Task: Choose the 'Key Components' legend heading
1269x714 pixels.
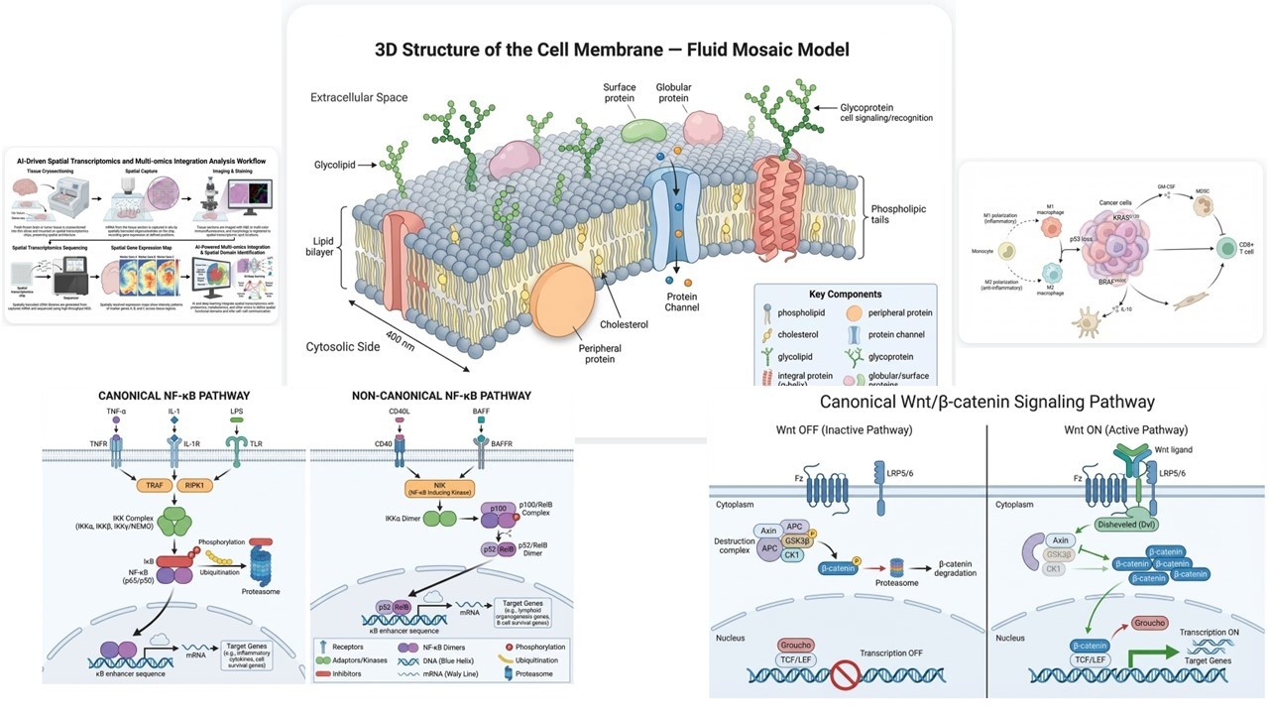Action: (845, 295)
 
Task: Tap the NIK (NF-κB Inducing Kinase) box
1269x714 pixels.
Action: (438, 487)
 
